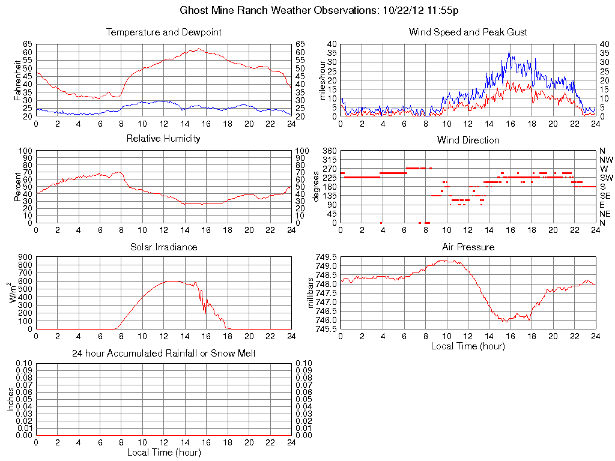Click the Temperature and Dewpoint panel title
[x=163, y=32]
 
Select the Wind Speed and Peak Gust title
[x=468, y=32]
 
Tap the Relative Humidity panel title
[x=163, y=139]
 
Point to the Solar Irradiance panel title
[x=163, y=247]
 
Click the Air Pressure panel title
[x=468, y=247]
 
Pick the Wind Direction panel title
[x=468, y=140]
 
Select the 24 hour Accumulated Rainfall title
[x=163, y=354]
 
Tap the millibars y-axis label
[x=311, y=293]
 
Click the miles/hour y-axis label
[x=322, y=80]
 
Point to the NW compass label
[x=606, y=160]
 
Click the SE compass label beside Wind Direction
[x=605, y=196]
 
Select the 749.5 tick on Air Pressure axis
[x=326, y=256]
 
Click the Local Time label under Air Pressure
[x=468, y=346]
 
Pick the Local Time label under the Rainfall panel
[x=163, y=452]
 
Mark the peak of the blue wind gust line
[x=509, y=52]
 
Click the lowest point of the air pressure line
[x=506, y=322]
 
